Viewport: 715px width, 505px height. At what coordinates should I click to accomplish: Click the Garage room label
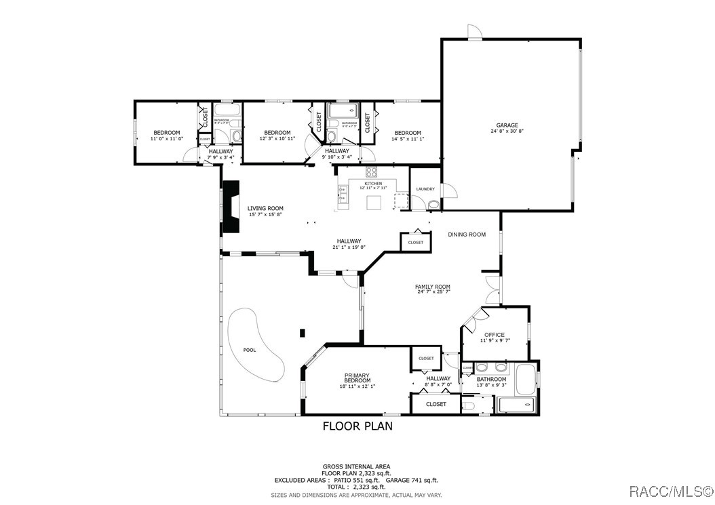(507, 125)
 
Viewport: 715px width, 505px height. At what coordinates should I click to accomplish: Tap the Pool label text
(250, 350)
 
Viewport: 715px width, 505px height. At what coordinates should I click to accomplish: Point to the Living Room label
(265, 209)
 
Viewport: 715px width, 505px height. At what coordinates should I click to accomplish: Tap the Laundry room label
(425, 189)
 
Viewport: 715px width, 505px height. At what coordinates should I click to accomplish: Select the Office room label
(494, 335)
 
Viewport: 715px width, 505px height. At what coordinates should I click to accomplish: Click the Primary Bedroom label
(357, 378)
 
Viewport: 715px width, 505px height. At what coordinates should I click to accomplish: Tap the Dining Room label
(467, 235)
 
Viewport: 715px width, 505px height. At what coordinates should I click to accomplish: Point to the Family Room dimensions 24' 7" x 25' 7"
(433, 292)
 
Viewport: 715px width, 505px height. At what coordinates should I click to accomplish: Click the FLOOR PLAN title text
(357, 426)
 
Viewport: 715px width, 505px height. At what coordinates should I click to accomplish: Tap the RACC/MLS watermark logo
(671, 490)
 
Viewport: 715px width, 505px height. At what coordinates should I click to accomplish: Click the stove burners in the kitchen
(372, 171)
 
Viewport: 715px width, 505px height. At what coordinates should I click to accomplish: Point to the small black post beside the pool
(303, 332)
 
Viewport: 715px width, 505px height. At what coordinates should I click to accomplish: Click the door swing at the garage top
(475, 32)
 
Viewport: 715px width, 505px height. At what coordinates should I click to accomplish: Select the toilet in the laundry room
(434, 204)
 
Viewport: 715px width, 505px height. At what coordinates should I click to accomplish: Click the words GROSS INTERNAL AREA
(356, 466)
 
